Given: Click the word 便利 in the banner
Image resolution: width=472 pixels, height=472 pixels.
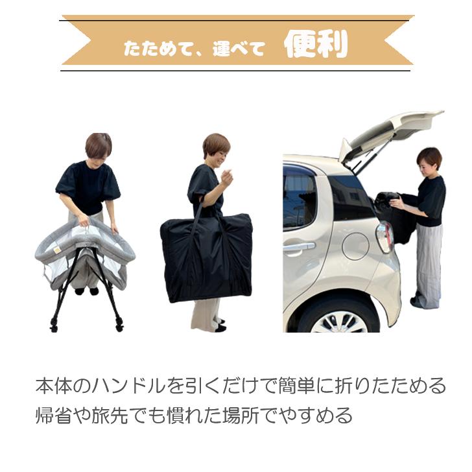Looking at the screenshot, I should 316,45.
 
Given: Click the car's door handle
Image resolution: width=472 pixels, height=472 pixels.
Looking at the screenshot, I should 298,246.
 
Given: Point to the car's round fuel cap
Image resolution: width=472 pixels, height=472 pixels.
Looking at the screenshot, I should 355,246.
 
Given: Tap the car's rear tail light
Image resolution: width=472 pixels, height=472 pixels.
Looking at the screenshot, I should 384,237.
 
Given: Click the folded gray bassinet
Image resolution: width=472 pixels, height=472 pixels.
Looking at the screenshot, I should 84,253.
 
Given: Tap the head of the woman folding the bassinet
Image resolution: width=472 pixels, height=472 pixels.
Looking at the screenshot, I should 99,147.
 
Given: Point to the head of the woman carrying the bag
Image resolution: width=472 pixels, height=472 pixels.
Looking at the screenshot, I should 216,147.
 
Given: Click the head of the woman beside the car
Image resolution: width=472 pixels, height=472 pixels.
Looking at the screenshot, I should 429,159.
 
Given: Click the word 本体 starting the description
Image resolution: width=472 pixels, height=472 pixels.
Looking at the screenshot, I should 54,386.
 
